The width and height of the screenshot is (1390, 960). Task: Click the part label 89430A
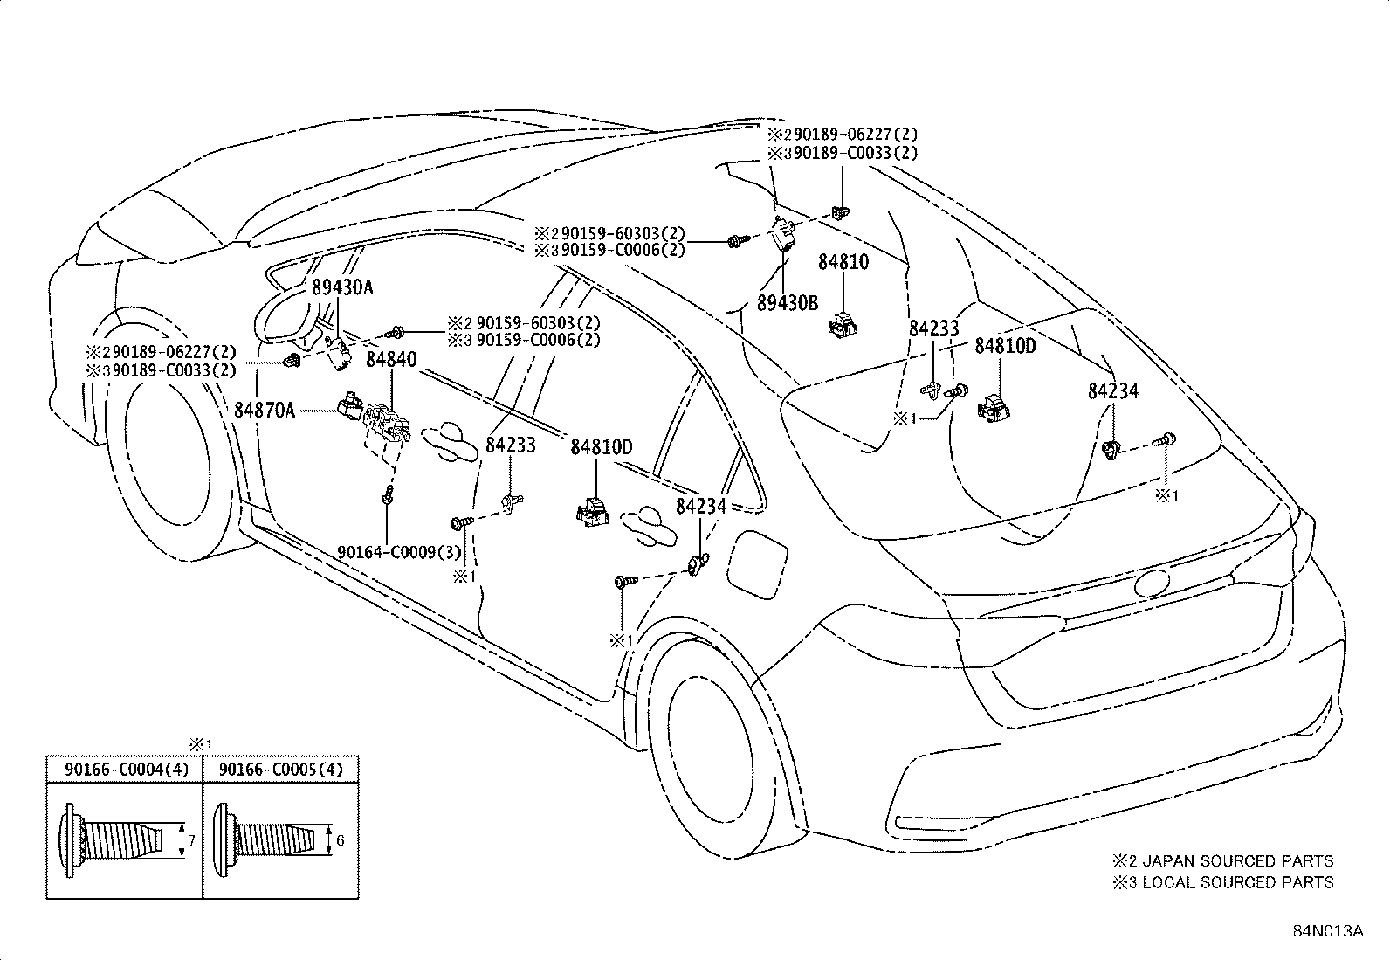pyautogui.click(x=342, y=287)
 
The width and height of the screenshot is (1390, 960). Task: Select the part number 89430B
pyautogui.click(x=788, y=302)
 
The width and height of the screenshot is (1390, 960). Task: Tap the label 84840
pyautogui.click(x=391, y=359)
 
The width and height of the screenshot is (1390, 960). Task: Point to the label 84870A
pyautogui.click(x=265, y=410)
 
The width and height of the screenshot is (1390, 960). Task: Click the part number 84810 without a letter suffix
pyautogui.click(x=843, y=261)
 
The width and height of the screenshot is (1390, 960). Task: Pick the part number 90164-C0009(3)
pyautogui.click(x=399, y=552)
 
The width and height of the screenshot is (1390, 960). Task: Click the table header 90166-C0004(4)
pyautogui.click(x=126, y=770)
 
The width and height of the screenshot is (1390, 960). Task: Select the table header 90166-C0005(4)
pyautogui.click(x=280, y=770)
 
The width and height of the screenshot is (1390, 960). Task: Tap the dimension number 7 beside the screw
pyautogui.click(x=192, y=840)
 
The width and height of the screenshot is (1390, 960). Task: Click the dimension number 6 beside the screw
pyautogui.click(x=340, y=841)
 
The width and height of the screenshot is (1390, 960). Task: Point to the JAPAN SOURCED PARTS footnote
pyautogui.click(x=1222, y=860)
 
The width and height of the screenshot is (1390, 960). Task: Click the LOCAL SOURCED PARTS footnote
pyautogui.click(x=1222, y=881)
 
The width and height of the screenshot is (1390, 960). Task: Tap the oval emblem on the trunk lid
pyautogui.click(x=1152, y=584)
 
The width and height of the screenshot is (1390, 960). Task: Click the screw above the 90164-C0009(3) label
pyautogui.click(x=387, y=494)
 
